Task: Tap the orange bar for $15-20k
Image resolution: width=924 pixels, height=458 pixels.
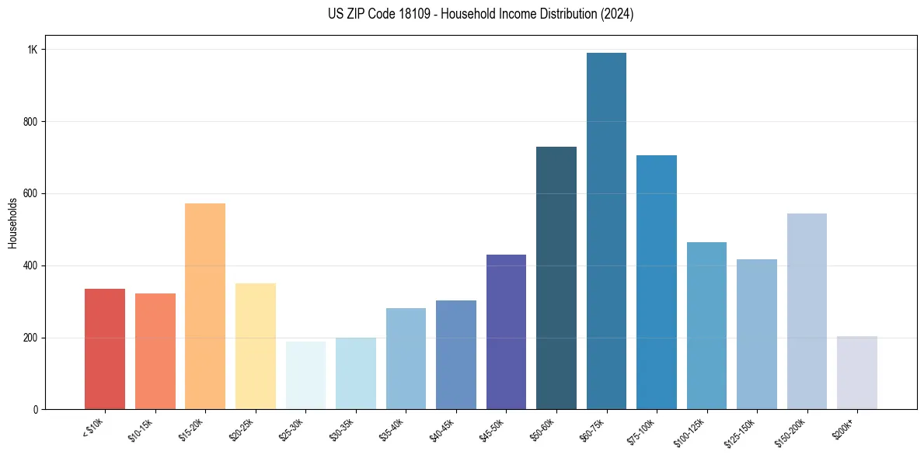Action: pyautogui.click(x=205, y=307)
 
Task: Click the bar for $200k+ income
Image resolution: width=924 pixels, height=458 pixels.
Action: pyautogui.click(x=856, y=373)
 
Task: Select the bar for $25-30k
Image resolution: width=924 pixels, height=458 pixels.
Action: pyautogui.click(x=305, y=376)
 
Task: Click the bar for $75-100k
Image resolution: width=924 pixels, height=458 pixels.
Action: pyautogui.click(x=657, y=283)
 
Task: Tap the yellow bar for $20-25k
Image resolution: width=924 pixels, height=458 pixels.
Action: pyautogui.click(x=256, y=346)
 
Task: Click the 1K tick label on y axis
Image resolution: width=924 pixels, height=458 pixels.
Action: pyautogui.click(x=33, y=50)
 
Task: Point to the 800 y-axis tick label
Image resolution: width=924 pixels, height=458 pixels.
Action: pyautogui.click(x=30, y=122)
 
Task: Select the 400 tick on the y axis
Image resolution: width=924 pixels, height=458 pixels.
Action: pyautogui.click(x=30, y=265)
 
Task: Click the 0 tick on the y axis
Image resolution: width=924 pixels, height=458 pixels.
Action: pyautogui.click(x=35, y=410)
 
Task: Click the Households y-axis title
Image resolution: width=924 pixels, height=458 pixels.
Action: pyautogui.click(x=13, y=223)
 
